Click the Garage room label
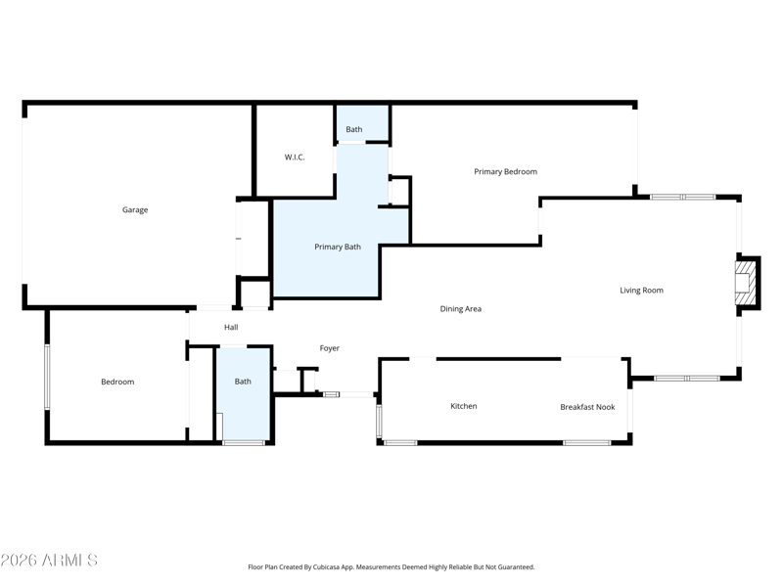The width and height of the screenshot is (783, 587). pos(135,209)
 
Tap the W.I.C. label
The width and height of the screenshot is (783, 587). pos(295,158)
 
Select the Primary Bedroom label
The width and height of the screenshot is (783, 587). pos(505,172)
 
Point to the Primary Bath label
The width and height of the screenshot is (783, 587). pos(338,247)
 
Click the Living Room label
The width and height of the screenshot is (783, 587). pos(641,290)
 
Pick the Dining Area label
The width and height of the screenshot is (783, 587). pos(460,309)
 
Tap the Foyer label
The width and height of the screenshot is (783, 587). pos(329,348)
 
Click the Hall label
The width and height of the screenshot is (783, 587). pos(231,328)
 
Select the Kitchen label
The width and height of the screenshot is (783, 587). pos(463,406)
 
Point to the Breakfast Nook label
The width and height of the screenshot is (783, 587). pos(587,407)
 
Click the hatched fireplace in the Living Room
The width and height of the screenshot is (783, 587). pos(743,283)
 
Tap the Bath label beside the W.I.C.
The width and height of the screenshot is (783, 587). pos(354,129)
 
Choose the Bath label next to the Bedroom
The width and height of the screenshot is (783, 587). pos(243,382)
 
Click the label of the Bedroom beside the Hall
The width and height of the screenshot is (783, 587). pos(117,382)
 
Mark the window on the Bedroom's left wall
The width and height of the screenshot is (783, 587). pos(47,377)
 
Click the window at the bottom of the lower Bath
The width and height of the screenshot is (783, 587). pos(244,443)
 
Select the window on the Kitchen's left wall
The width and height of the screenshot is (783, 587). pos(379,421)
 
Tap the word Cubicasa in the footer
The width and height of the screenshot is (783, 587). pos(327,567)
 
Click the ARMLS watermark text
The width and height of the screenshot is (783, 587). pos(49,560)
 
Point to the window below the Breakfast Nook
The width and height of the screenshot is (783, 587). pos(586,443)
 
